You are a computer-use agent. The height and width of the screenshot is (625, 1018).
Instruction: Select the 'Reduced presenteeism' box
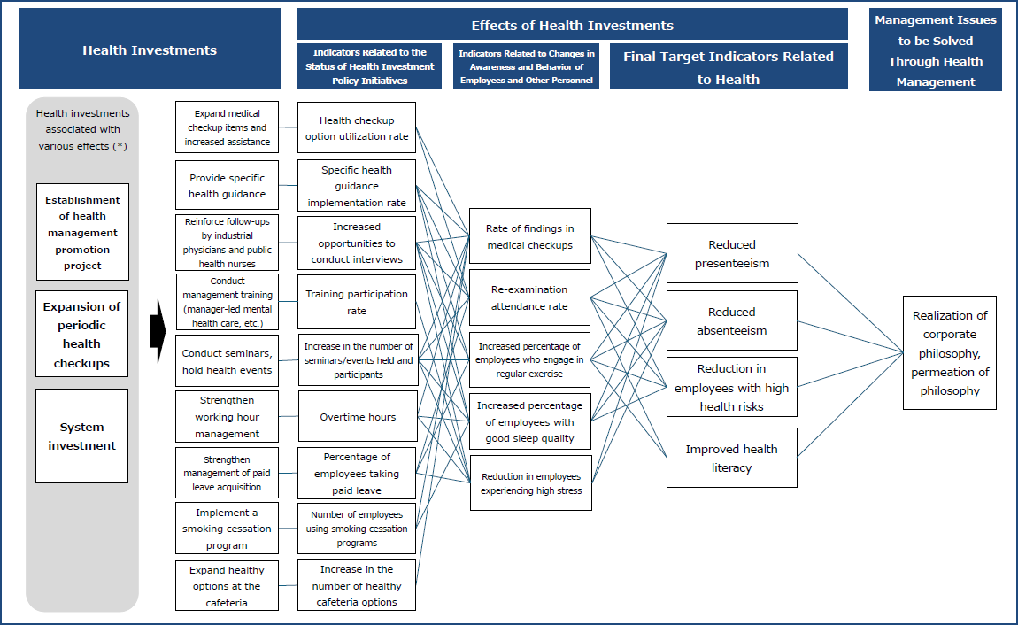(x=732, y=253)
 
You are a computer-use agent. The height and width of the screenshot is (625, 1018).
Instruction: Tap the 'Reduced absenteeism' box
(x=732, y=320)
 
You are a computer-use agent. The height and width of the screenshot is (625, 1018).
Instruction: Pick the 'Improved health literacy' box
(x=732, y=458)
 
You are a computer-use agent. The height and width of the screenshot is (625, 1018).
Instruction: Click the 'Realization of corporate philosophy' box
(x=949, y=352)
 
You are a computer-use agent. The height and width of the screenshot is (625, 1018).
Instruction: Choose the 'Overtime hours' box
(x=358, y=416)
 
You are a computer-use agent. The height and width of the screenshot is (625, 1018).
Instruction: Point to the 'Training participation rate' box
(x=357, y=302)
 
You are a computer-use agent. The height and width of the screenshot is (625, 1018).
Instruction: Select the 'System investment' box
(x=82, y=436)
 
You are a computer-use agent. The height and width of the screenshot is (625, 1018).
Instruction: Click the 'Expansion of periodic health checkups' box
(x=82, y=335)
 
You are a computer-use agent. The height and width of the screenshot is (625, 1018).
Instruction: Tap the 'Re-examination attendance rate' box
(x=530, y=297)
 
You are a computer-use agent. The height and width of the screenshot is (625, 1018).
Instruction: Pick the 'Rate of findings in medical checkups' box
(x=530, y=236)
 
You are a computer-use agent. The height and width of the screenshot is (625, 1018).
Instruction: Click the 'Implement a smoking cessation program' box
(x=228, y=529)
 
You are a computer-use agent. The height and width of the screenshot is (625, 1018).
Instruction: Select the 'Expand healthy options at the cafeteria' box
(x=228, y=585)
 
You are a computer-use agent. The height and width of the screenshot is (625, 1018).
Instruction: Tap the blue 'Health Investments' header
(x=150, y=50)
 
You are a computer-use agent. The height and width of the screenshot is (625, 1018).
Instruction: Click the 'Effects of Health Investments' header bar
(x=572, y=25)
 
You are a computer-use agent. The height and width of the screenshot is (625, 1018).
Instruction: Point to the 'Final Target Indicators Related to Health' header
(x=729, y=67)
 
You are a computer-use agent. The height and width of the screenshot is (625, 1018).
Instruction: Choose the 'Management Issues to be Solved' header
(x=936, y=50)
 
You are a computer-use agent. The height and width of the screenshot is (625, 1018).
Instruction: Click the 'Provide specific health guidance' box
(x=228, y=185)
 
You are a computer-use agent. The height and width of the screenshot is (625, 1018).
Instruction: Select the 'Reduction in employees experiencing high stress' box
(x=530, y=482)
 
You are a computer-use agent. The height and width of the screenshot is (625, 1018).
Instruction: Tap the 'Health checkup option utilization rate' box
(x=357, y=128)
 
